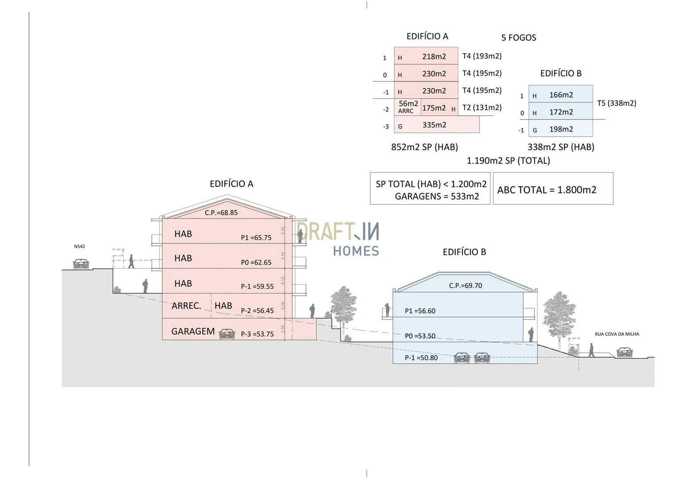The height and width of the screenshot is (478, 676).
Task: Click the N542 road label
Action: (80, 247)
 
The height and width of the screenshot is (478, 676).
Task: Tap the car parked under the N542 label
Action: (81, 264)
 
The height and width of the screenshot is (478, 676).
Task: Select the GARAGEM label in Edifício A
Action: (193, 332)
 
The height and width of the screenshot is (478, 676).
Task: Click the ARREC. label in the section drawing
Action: (186, 306)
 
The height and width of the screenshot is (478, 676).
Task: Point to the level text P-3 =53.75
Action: (257, 334)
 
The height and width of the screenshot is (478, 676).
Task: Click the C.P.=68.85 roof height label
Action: (221, 213)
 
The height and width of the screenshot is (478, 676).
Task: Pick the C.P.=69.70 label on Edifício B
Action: (465, 286)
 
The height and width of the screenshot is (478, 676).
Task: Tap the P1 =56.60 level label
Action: (420, 311)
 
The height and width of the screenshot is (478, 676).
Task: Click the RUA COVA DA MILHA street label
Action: (617, 334)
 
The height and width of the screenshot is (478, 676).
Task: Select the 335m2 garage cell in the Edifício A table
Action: (434, 125)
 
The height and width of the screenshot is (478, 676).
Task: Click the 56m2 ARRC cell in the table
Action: (407, 107)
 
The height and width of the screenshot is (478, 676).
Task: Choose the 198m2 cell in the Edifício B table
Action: (561, 129)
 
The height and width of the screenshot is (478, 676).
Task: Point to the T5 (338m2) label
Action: (617, 103)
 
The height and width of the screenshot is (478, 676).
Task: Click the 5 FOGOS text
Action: (519, 38)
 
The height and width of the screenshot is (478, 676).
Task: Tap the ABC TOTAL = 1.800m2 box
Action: (547, 190)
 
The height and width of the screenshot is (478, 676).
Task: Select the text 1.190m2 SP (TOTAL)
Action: (508, 161)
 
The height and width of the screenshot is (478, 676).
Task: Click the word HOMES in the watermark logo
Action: (356, 251)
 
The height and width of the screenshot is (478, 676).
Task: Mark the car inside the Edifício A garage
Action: (227, 334)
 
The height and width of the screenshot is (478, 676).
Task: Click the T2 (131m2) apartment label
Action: (482, 108)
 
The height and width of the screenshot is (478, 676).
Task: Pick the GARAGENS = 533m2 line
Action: (437, 197)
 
